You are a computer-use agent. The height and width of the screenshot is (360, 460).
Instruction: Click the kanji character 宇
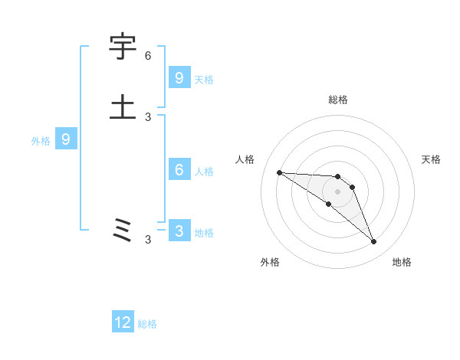[x=123, y=47]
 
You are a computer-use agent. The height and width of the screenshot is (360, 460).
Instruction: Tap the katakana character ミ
[x=123, y=229]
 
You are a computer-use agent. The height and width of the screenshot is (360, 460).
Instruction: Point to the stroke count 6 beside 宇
[x=148, y=56]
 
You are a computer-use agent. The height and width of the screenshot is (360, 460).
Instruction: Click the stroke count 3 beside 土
[x=148, y=116]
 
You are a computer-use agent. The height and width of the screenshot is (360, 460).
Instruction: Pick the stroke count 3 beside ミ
[x=148, y=240]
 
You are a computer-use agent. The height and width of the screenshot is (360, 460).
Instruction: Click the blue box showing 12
[x=123, y=322]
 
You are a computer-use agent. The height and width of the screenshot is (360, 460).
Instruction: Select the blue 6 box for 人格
[x=179, y=170]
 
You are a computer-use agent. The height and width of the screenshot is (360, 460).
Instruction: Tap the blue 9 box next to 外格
[x=66, y=139]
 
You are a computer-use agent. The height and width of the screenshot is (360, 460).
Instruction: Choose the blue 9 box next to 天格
[x=179, y=77]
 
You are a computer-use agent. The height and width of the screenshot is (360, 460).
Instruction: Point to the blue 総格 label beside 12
[x=147, y=324]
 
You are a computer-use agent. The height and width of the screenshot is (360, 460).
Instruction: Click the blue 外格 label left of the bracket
[x=41, y=140]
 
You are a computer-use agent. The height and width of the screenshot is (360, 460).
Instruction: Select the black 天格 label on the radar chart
[x=431, y=159]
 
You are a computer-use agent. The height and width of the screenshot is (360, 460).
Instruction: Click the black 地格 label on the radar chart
[x=402, y=262]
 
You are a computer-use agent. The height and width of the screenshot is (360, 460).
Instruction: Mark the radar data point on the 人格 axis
[x=279, y=172]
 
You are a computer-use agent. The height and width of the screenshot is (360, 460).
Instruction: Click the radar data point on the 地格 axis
[x=373, y=242]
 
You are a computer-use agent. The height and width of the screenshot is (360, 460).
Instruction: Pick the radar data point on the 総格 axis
[x=337, y=177]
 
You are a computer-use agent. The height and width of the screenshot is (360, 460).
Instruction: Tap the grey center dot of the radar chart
[x=337, y=191]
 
